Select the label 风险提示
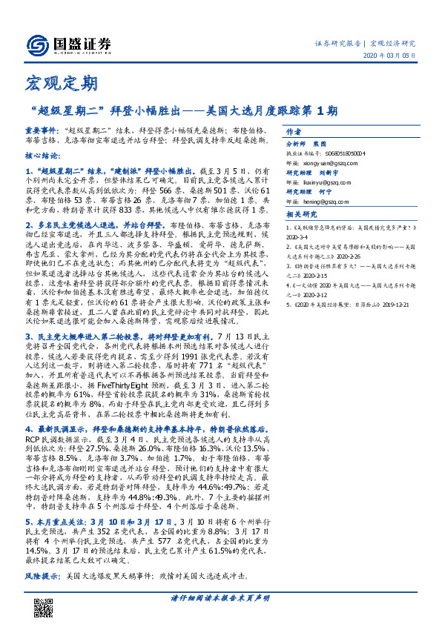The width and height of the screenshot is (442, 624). pos(42,575)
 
